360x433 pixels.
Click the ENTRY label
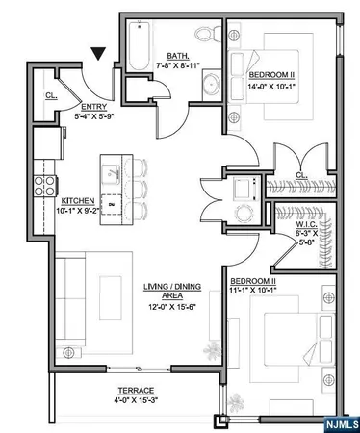(92, 108)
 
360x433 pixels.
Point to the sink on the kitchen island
(112, 171)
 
